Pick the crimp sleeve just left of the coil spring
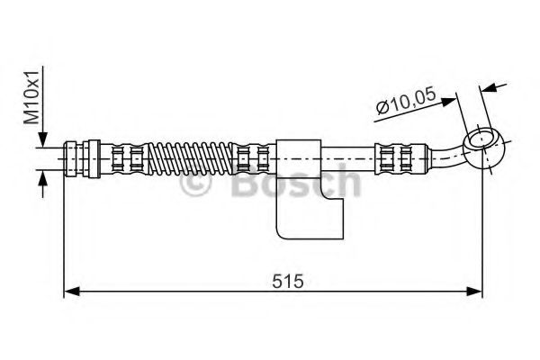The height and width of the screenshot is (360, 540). [126, 157]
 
